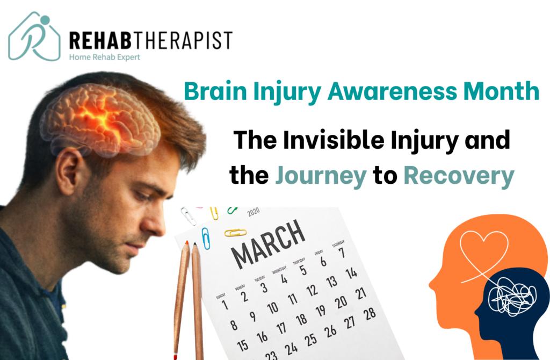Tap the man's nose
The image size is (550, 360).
pos(159,225)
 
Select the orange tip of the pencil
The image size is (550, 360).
pos(186,246)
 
